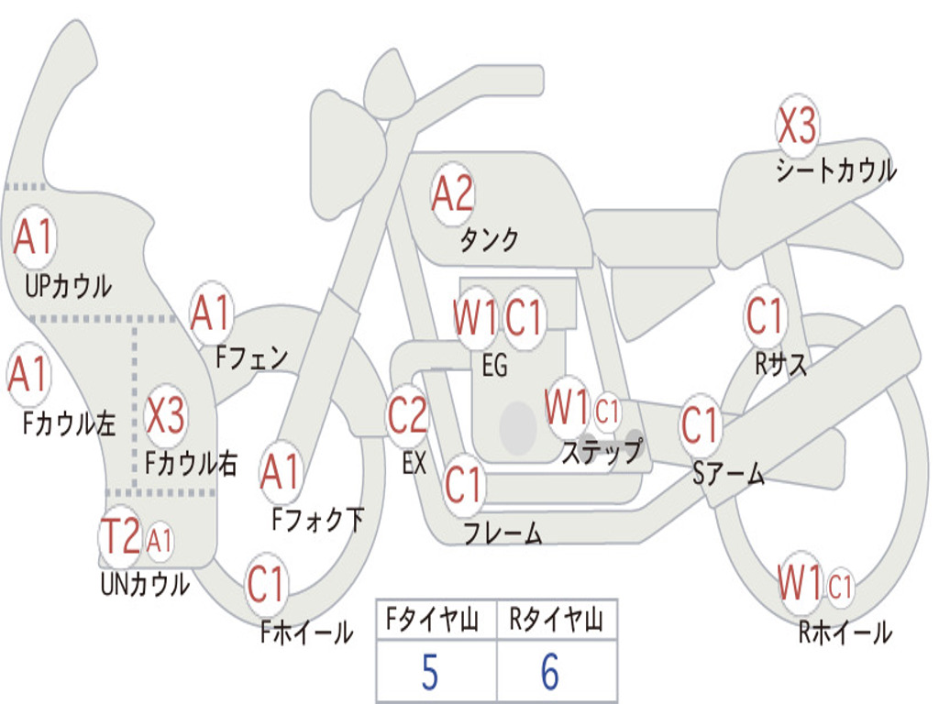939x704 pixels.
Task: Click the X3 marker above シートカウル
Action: pos(797,126)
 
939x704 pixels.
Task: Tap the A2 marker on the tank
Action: pos(452,193)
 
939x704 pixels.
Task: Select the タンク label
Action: pos(489,240)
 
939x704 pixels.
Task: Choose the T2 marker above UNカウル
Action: pos(120,536)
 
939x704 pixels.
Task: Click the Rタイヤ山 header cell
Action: pos(556,621)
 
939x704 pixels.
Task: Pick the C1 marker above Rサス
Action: pos(765,316)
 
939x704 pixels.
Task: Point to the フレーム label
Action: pos(503,533)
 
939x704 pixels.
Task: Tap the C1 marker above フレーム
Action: pos(463,484)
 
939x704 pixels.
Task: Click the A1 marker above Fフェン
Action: pos(212,313)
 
